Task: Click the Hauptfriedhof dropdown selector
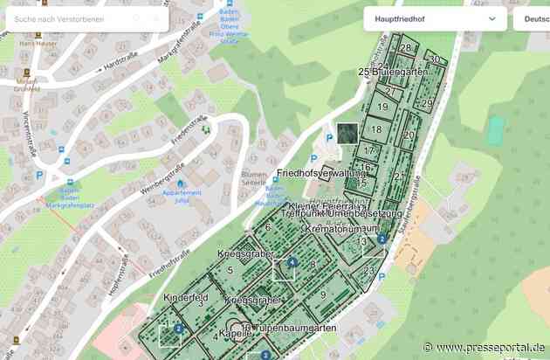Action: coord(433,18)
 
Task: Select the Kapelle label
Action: coord(235,334)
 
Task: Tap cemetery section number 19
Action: coord(382,107)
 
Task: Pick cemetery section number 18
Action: coord(376,130)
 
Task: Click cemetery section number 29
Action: coord(427,103)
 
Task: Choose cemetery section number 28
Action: coord(406,48)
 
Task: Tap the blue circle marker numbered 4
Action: coord(292,261)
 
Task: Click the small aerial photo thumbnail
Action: coord(347,133)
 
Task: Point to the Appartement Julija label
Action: coord(182,197)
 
